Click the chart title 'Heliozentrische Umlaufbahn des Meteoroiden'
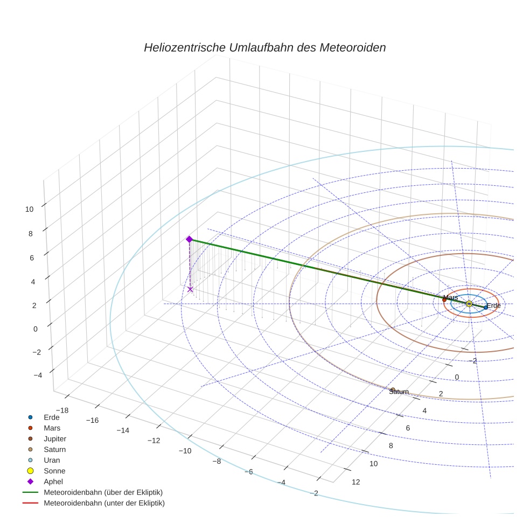[x=264, y=47]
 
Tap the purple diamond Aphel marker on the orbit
[x=189, y=239]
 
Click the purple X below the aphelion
[x=190, y=289]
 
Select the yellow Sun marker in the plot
[x=469, y=304]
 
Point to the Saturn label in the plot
[x=399, y=392]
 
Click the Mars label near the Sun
[x=450, y=297]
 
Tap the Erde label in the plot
[x=493, y=305]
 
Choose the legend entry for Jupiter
[x=54, y=438]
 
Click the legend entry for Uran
[x=52, y=460]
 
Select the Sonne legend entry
[x=54, y=471]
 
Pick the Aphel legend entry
[x=53, y=482]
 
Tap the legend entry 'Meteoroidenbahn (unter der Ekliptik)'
[x=104, y=503]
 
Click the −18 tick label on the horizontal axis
[x=62, y=410]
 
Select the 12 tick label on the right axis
[x=355, y=482]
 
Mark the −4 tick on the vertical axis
[x=30, y=375]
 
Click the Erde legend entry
[x=52, y=417]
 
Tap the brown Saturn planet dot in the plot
[x=393, y=389]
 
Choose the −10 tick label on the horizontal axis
[x=185, y=451]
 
